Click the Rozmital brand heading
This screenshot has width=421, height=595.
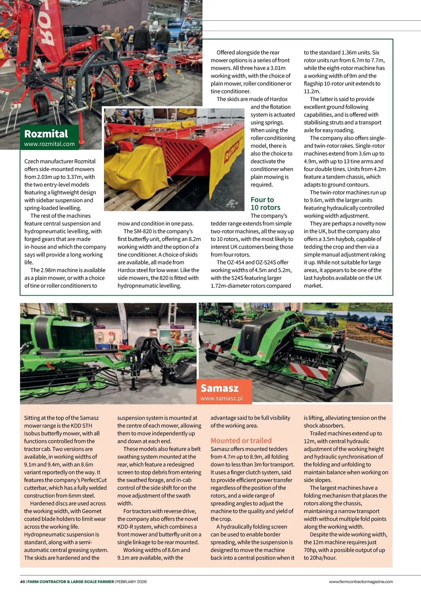click(46, 134)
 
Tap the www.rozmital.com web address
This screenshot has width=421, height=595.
click(49, 144)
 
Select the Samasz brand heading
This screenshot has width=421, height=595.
click(220, 388)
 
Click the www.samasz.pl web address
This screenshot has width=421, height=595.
click(221, 398)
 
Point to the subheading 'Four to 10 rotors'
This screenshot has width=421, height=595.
click(265, 203)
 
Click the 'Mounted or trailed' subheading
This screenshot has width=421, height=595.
click(241, 441)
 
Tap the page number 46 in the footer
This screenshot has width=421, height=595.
click(22, 581)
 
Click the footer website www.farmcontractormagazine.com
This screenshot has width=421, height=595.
click(361, 581)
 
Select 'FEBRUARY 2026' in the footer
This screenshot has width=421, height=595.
click(132, 581)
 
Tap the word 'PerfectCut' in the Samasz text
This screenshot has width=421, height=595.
click(93, 480)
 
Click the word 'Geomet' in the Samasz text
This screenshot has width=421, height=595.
click(92, 511)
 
